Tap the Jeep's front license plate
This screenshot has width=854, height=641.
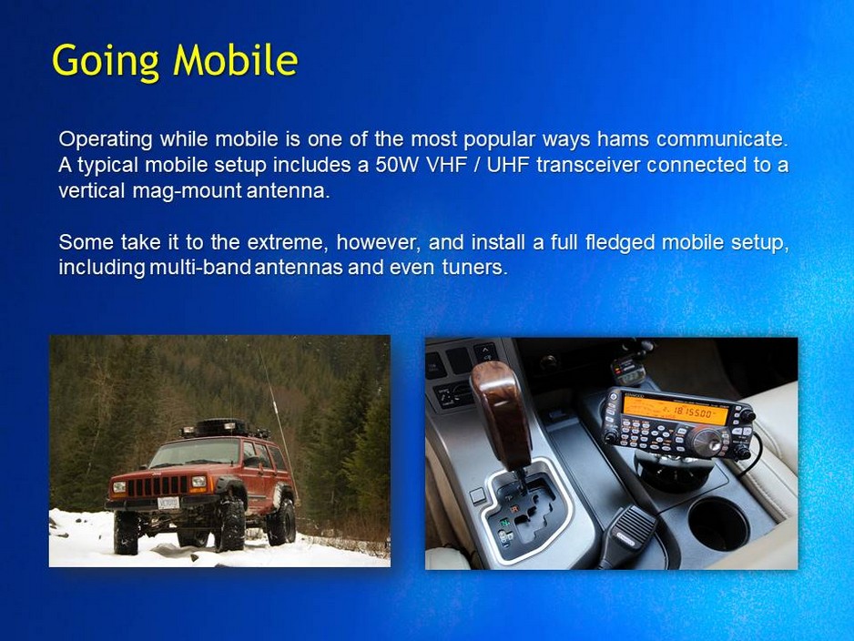tap(168, 503)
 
